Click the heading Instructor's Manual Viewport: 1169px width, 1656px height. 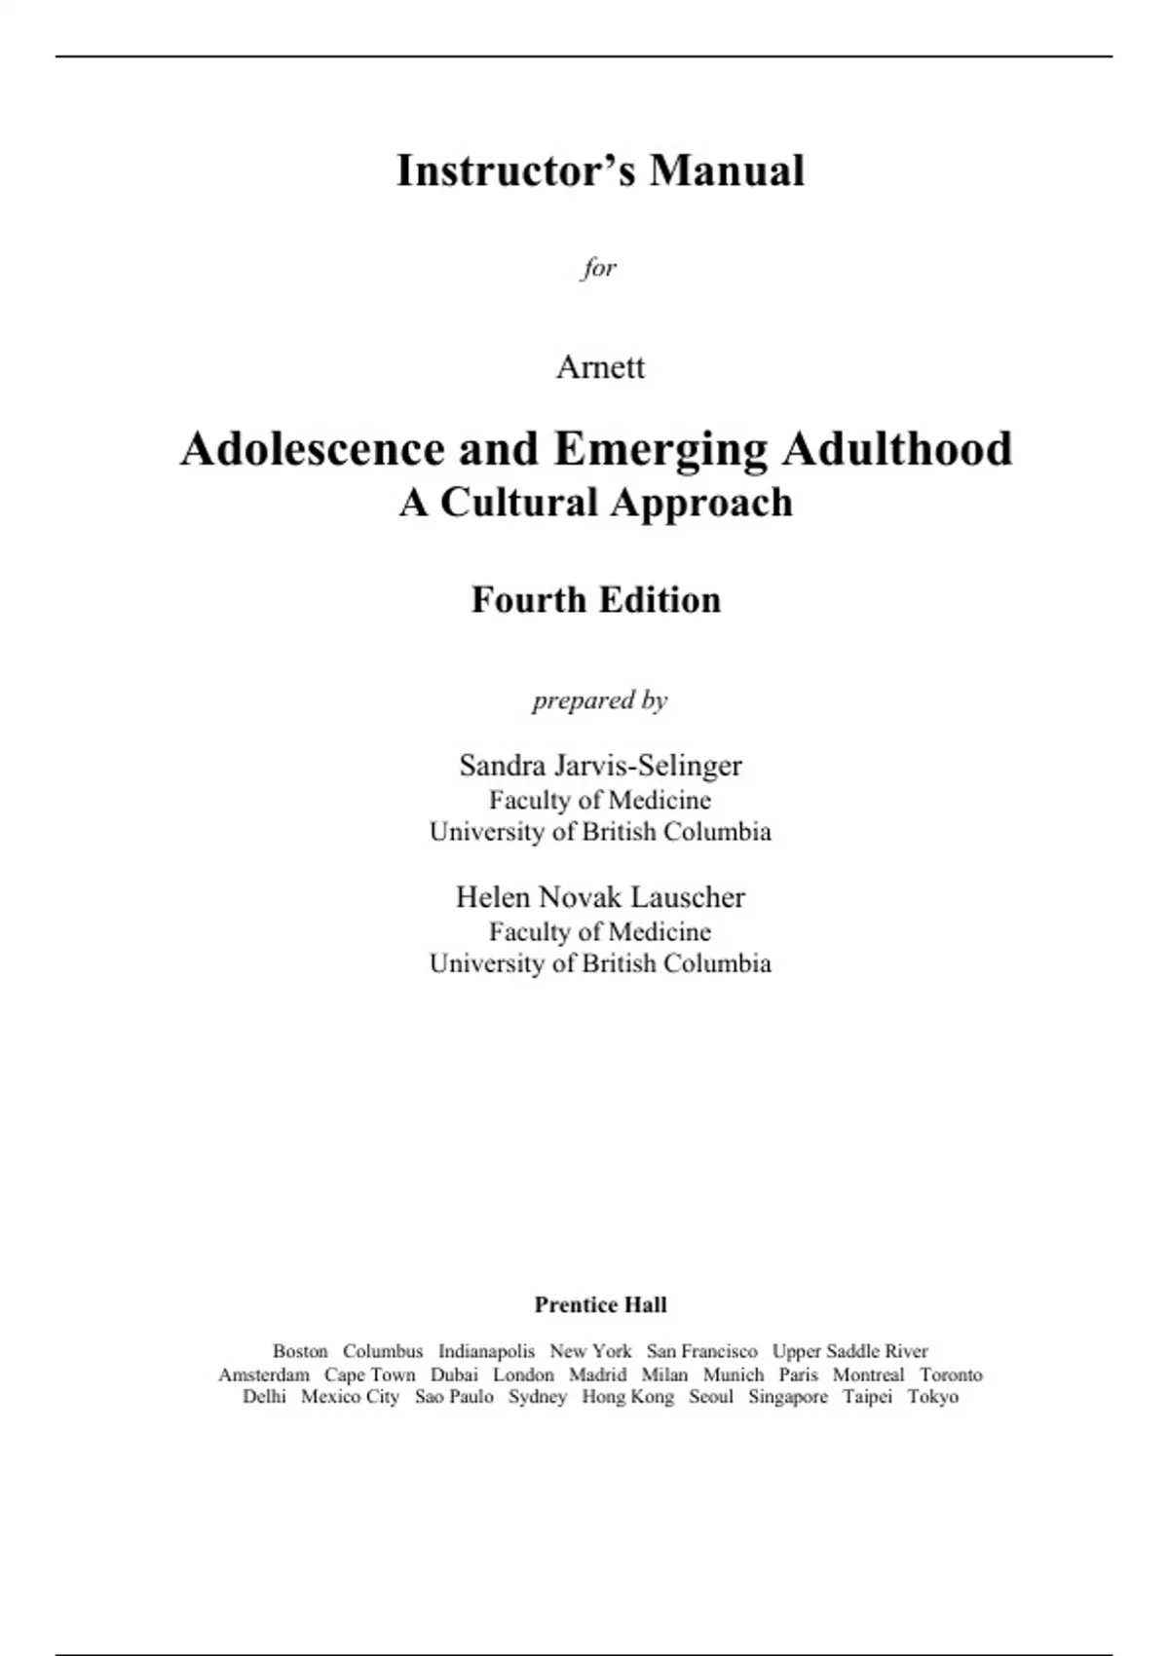point(600,170)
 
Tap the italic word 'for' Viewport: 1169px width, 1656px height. point(599,267)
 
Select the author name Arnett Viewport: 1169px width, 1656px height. point(600,367)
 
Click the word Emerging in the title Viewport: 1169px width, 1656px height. point(660,449)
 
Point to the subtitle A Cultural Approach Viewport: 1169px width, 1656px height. point(595,503)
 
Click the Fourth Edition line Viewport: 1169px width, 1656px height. point(595,600)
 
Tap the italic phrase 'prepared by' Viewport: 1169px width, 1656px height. point(599,700)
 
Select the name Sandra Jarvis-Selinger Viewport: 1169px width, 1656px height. point(600,766)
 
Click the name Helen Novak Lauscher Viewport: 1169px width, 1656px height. point(600,897)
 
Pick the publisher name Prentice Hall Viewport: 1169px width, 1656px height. point(600,1304)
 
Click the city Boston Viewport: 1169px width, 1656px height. point(300,1351)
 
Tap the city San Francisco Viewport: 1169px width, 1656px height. point(701,1351)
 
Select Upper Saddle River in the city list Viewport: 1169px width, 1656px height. point(849,1351)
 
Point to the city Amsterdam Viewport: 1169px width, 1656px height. point(263,1374)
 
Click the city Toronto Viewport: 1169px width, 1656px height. point(951,1374)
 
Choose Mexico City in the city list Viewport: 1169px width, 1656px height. point(350,1397)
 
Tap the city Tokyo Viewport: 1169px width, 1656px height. point(932,1397)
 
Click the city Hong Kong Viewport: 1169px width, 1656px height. point(627,1397)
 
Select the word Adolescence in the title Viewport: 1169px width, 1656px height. point(312,449)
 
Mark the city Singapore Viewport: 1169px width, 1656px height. point(787,1397)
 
